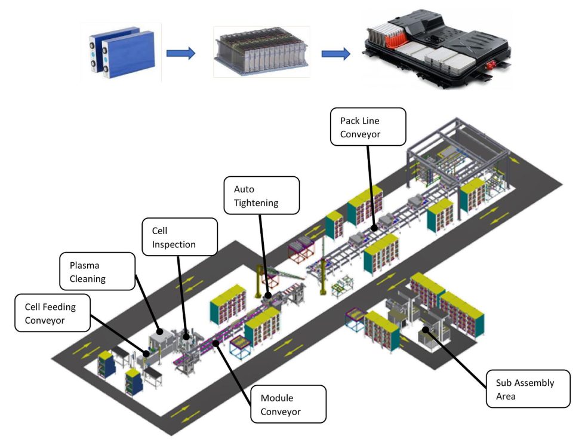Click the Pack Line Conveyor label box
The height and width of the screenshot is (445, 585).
368,127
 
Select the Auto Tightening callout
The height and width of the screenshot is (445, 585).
261,195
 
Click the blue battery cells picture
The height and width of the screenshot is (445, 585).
121,53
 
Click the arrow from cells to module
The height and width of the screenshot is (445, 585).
181,54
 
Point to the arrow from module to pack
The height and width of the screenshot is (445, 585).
335,54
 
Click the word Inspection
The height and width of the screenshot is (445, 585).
174,245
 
